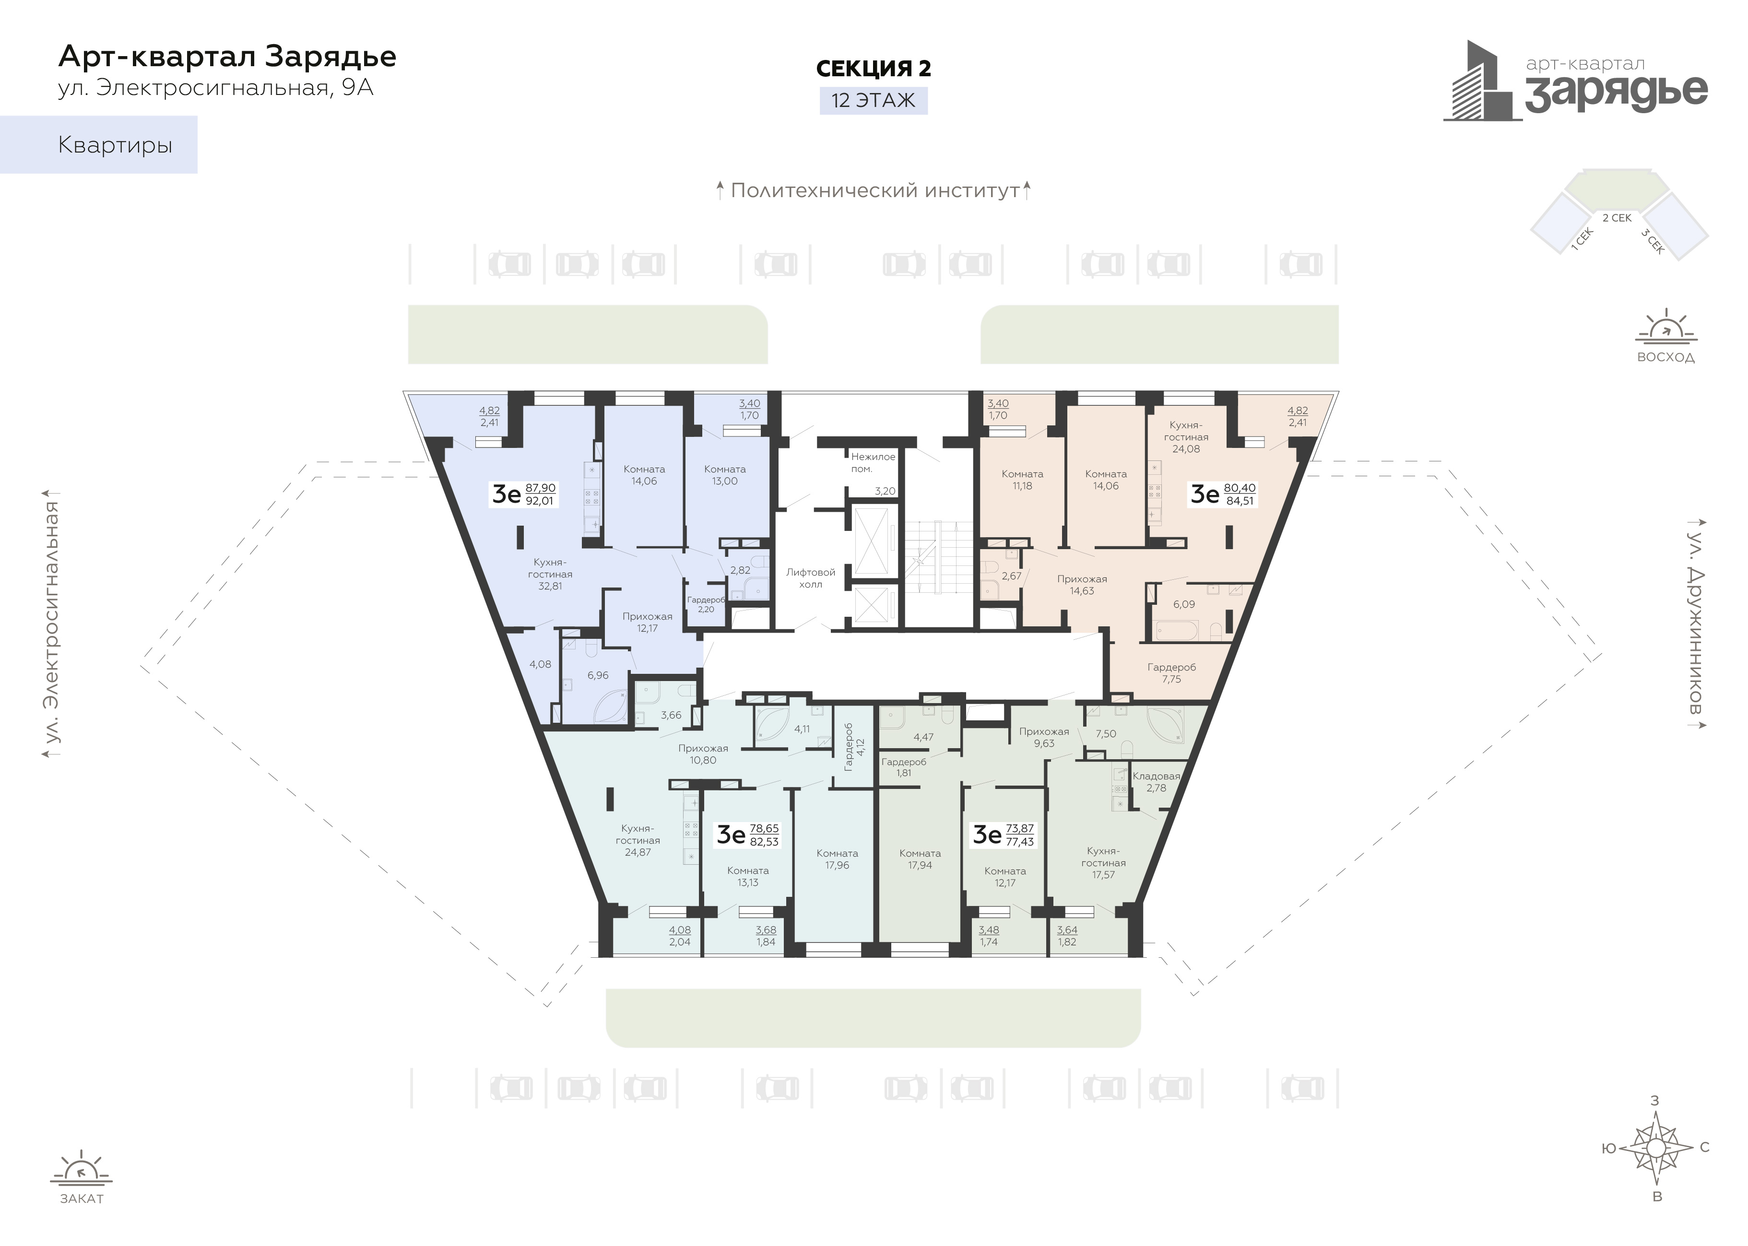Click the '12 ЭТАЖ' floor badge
873,101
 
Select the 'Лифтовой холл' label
810,578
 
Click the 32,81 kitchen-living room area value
550,586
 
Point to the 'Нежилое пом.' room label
873,463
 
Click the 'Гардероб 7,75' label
1172,673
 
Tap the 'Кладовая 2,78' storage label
1157,782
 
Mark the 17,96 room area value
837,866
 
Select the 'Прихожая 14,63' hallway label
1082,585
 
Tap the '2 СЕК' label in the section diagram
1617,218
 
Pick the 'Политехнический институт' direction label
875,190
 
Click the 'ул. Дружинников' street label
1696,620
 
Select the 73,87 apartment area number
1020,829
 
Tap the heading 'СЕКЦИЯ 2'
873,68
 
